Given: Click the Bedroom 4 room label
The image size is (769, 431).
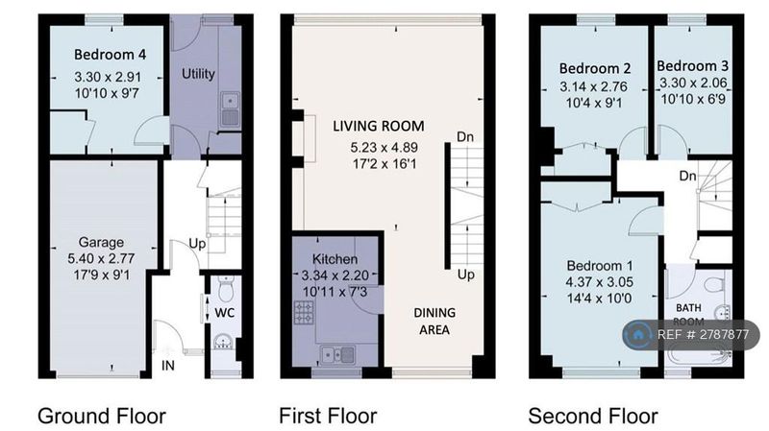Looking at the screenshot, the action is point(110,55).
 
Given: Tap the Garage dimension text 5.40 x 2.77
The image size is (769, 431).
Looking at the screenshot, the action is point(101,258).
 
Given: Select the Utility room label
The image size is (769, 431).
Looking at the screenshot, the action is point(198,74).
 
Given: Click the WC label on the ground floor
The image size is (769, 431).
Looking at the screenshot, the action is point(225,313).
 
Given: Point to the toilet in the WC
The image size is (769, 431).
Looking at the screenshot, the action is point(226,289).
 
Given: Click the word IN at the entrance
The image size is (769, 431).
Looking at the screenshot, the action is point(167,366).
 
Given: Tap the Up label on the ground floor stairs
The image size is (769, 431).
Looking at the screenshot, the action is point(197,244).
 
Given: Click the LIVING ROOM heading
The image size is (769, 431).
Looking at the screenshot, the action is point(379,127).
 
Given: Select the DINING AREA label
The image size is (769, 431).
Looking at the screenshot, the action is point(434,322).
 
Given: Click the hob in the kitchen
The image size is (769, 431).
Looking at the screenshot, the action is point(304,313).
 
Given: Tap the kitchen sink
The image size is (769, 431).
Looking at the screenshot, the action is point(337,354).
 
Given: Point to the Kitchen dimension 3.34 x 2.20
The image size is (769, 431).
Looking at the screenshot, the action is point(335,275).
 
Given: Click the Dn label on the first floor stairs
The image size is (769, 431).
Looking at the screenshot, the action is point(465,136).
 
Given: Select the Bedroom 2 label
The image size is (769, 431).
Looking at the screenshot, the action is point(595,68).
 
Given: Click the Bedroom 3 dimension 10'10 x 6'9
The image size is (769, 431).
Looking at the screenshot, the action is point(693,100).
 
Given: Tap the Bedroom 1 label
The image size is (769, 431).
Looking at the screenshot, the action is point(600,266).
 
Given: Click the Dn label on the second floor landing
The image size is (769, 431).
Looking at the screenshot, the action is point(688,176).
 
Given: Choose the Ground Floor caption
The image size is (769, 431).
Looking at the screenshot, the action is point(102,417).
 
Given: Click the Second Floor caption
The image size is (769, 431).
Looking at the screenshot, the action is point(593,417).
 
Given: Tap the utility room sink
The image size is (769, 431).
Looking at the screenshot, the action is point(229,109).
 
